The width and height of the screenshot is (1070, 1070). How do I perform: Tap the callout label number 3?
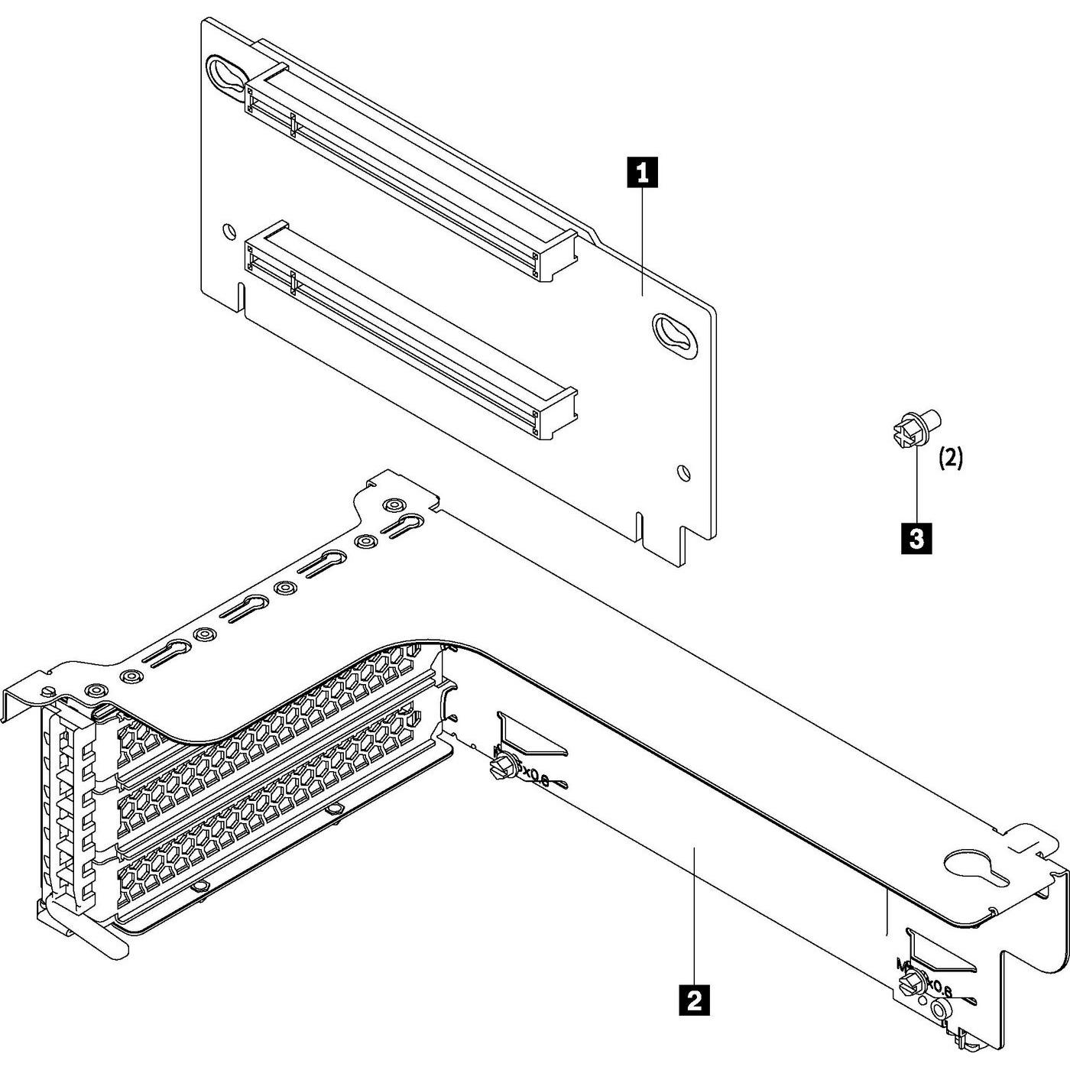[x=917, y=537]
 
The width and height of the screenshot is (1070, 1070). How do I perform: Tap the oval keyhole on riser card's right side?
[x=675, y=333]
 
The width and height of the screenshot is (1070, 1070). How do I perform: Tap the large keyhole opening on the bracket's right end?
[x=971, y=868]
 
